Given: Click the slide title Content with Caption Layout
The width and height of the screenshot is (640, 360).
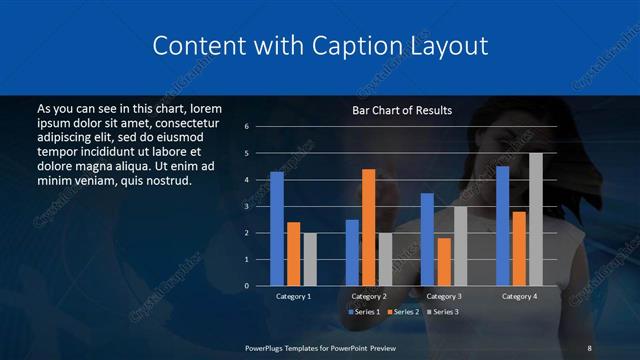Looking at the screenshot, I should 320,46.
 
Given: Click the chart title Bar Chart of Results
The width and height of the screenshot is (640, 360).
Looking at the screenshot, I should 402,110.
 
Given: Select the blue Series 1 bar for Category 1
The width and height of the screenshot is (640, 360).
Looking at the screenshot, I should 277,229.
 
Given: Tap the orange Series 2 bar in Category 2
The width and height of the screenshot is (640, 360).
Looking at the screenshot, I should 368,227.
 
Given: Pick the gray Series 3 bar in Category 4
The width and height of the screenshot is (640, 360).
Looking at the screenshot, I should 535,219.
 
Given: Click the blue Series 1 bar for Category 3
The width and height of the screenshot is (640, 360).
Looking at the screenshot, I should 427,239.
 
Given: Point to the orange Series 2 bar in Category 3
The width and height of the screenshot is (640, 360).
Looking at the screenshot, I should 444,261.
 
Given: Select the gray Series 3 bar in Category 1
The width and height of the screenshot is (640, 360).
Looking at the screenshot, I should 310,259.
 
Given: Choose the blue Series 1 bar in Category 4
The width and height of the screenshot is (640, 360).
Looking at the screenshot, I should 502,226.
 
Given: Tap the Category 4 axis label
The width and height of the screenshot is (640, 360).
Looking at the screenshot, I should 518,296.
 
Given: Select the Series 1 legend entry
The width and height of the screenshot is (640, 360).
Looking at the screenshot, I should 364,313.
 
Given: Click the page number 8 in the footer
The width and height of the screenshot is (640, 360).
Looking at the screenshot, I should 589,347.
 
